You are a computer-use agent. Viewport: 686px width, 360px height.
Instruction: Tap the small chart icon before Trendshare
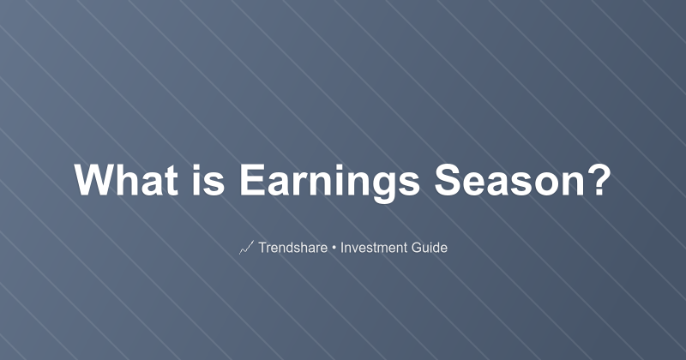pos(245,249)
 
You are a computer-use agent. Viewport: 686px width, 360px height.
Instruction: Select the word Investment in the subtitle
pos(374,249)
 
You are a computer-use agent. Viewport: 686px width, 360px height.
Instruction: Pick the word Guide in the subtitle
pos(430,249)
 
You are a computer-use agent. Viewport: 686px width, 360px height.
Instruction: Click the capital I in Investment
pos(342,249)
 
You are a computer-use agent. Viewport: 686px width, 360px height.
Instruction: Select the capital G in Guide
pos(418,249)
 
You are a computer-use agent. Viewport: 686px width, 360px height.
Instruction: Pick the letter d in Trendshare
pos(292,249)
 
